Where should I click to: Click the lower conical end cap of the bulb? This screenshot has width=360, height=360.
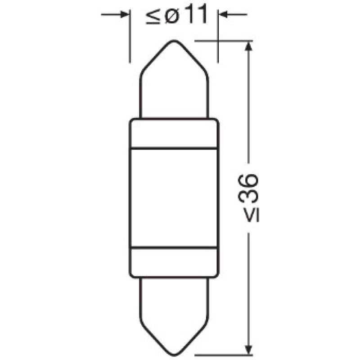[x=175, y=310]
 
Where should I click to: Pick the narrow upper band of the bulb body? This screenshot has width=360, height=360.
[x=175, y=133]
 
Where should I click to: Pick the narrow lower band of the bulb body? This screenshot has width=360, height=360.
[x=175, y=261]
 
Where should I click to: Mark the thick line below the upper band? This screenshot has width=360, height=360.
[x=175, y=148]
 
